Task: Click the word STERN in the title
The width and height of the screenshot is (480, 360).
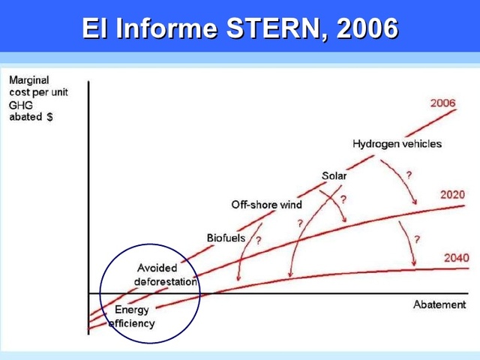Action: (x=268, y=28)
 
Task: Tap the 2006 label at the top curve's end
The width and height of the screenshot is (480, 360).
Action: (x=442, y=103)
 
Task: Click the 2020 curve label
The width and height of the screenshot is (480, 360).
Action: (x=453, y=195)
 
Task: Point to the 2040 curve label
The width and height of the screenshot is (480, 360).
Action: (x=456, y=258)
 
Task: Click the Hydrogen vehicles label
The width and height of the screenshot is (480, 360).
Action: (x=397, y=143)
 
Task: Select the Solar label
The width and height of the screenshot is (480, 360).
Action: (x=334, y=175)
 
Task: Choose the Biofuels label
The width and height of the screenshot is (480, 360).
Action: (x=226, y=238)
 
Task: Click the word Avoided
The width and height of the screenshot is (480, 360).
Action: (x=157, y=268)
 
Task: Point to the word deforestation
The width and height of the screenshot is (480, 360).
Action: (x=166, y=282)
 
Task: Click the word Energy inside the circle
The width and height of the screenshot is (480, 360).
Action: (x=132, y=310)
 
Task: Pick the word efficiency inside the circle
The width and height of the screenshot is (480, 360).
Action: (x=132, y=324)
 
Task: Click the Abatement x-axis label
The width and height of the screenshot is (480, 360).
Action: (x=439, y=304)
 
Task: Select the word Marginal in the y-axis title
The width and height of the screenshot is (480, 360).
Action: (x=28, y=80)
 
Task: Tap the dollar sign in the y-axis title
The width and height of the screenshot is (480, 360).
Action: (x=49, y=118)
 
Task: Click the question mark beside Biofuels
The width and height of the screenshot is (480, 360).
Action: (x=259, y=241)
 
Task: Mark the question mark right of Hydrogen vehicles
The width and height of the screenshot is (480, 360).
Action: (x=409, y=174)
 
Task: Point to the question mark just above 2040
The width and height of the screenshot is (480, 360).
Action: (x=416, y=239)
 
